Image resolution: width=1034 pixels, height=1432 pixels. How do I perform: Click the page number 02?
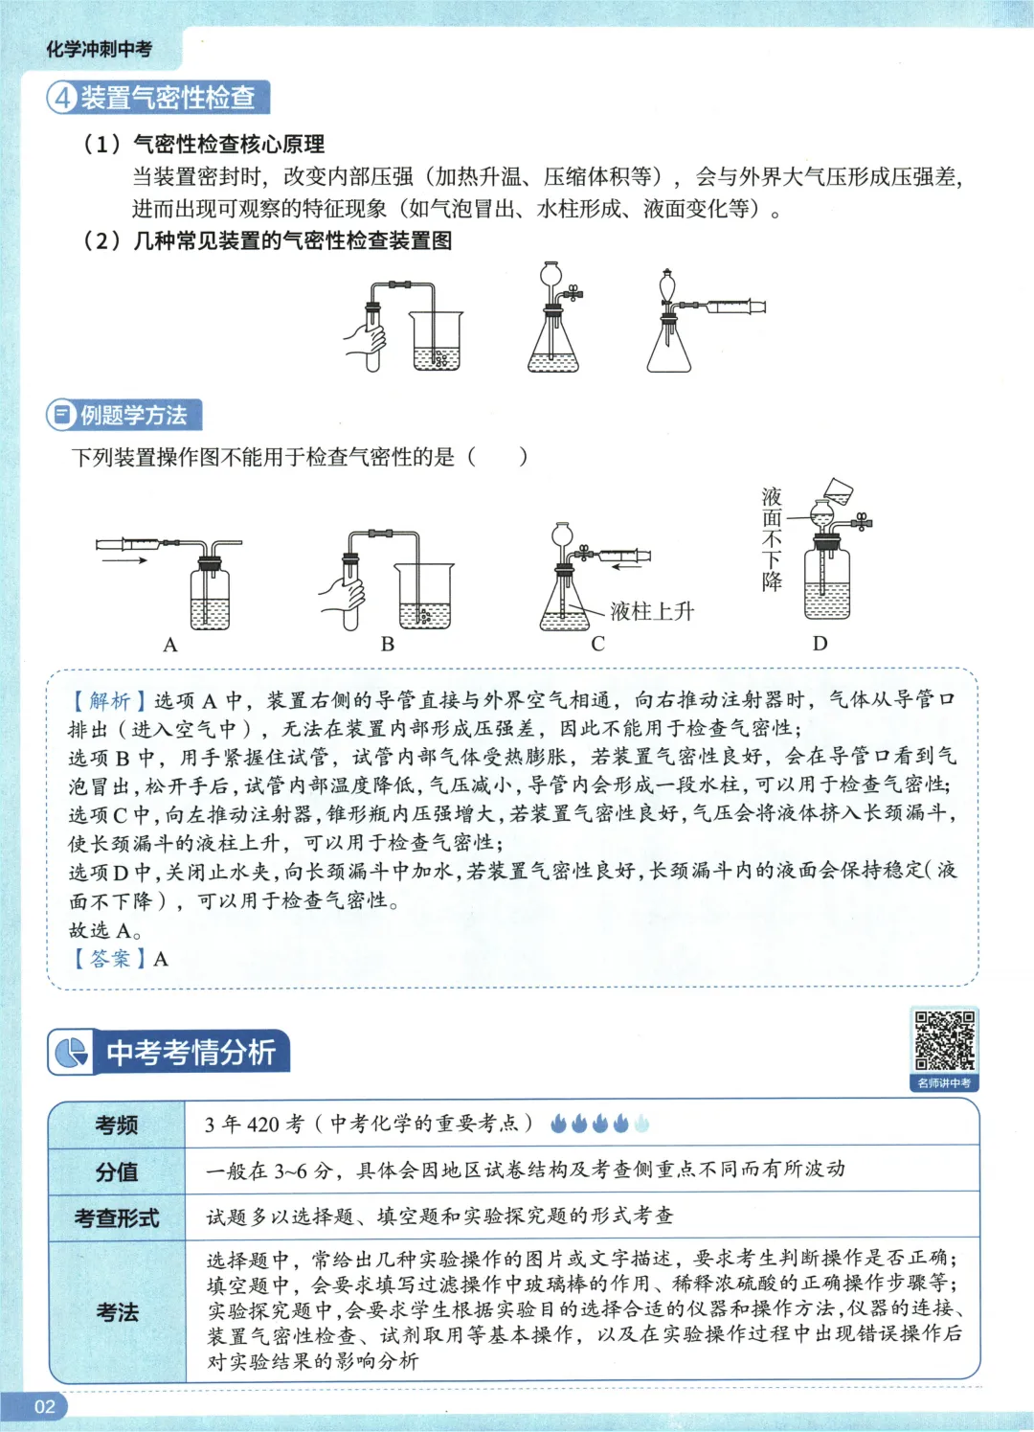tap(45, 1406)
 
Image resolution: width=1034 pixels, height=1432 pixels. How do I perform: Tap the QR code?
tap(944, 1040)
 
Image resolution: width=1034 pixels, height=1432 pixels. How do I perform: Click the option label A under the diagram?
tap(170, 645)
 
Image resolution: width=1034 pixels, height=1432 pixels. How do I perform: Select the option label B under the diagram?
tap(388, 644)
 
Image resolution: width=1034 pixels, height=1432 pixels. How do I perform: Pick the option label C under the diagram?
tap(598, 644)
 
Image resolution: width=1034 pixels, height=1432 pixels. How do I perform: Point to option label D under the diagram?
tap(820, 643)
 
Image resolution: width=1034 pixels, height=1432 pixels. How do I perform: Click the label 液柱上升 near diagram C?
tap(652, 611)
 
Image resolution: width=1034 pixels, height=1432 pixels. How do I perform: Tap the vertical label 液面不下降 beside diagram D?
tap(772, 539)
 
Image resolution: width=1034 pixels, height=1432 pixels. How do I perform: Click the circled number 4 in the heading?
tap(63, 97)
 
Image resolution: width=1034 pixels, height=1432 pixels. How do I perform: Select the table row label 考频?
tap(117, 1125)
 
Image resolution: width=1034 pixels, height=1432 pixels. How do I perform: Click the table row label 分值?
tap(117, 1171)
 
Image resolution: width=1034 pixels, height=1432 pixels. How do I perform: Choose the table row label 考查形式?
tap(117, 1217)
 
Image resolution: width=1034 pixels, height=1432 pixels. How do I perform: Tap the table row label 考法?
tap(117, 1311)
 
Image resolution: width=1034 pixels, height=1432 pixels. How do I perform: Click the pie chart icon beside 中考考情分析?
tap(71, 1053)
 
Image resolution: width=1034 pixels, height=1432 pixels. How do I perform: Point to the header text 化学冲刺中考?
tap(100, 49)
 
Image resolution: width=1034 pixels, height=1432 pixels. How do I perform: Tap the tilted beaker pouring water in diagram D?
tap(839, 490)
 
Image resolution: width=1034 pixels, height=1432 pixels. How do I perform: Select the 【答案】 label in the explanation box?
tap(109, 959)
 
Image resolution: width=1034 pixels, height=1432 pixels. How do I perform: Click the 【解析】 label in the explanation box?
tap(109, 701)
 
